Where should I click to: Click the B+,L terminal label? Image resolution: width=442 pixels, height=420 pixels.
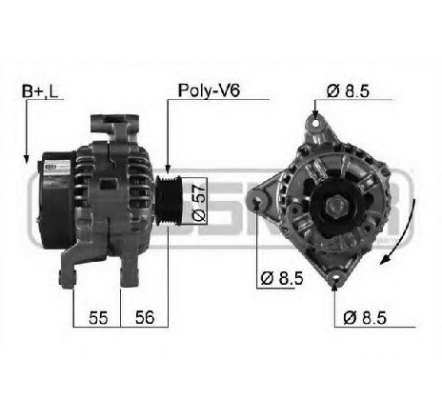coord(40,91)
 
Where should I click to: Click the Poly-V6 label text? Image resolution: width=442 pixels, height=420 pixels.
coord(209,90)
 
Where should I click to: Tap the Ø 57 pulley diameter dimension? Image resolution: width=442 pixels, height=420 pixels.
coord(199,202)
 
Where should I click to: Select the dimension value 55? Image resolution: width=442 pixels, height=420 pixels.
coord(98,317)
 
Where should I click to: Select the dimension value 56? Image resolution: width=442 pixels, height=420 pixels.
coord(145,317)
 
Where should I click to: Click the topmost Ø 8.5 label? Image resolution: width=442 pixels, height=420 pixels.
coord(348,91)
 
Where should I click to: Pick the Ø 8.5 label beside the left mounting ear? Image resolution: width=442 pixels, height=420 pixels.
coord(282,278)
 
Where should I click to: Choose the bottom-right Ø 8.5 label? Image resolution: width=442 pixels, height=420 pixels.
coord(365,318)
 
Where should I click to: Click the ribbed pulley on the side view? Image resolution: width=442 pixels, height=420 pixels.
coord(169,201)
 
